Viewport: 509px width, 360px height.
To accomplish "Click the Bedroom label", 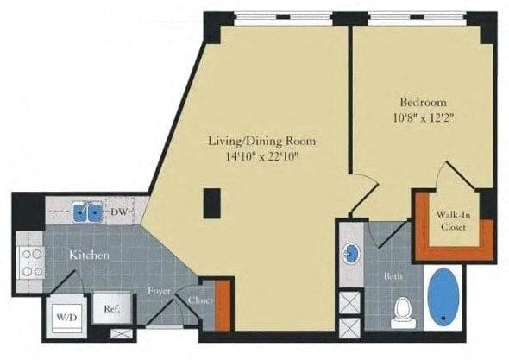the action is [x=423, y=103].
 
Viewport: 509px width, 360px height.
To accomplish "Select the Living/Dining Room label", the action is [x=261, y=141].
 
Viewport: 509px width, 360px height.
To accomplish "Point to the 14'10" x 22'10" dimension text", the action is [x=261, y=156].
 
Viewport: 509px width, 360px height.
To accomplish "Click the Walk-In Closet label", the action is [x=453, y=221].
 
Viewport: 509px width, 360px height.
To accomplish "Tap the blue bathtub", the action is [x=443, y=297].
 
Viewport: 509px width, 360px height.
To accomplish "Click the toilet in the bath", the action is [x=404, y=313].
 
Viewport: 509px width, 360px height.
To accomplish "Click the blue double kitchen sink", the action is [x=87, y=212].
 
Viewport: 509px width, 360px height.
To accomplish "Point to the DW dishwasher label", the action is [x=118, y=212].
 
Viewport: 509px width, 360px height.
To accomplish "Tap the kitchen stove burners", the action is [x=30, y=262].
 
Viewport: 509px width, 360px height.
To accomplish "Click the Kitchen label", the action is [x=89, y=256].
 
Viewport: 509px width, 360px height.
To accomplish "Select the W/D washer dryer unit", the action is [x=67, y=317].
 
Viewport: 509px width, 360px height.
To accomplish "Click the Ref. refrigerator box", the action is [x=112, y=309].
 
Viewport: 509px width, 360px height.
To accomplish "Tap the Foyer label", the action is [x=159, y=290].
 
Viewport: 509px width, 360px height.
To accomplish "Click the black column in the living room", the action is [x=212, y=203].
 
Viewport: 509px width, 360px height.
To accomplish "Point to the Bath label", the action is [x=393, y=276].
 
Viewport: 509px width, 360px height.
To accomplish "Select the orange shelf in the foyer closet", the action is [x=223, y=306].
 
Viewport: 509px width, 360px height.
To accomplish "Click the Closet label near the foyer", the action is [x=200, y=301].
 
